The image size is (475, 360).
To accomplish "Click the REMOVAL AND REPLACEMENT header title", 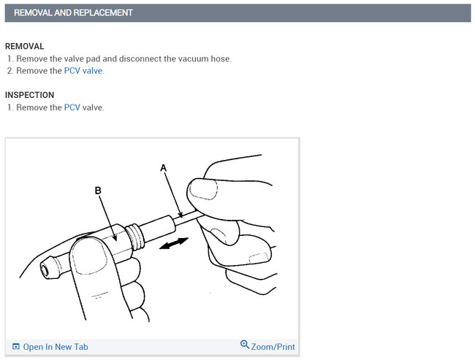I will (x=73, y=13).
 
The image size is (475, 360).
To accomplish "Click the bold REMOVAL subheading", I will (x=24, y=46).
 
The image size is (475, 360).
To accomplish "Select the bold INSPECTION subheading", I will (x=29, y=95).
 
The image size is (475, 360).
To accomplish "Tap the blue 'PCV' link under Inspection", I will (x=72, y=107).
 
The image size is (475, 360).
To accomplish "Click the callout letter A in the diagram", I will (x=163, y=168).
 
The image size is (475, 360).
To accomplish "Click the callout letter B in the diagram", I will (x=98, y=190).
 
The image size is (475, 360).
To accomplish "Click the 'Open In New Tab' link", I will (x=55, y=347).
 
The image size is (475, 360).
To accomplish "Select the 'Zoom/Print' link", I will (x=273, y=347).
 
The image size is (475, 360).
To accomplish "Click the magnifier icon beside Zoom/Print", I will (x=245, y=345).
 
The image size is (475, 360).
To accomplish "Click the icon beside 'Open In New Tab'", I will (x=16, y=347).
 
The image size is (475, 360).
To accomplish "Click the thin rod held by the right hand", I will (x=191, y=213).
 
